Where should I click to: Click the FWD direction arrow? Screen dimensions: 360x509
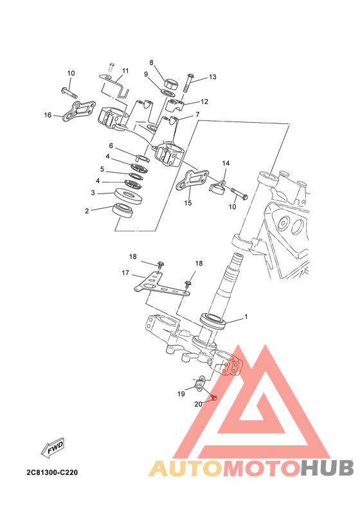click(53, 448)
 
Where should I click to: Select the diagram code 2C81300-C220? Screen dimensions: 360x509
click(52, 472)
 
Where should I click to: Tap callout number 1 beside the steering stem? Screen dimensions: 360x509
click(246, 316)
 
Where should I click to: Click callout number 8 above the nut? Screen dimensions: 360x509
click(151, 62)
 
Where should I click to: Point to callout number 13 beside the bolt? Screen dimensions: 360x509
click(212, 77)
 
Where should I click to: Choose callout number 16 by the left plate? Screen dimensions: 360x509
click(48, 115)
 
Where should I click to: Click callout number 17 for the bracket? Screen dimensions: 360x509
click(125, 273)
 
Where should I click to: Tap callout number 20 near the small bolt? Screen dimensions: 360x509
click(199, 404)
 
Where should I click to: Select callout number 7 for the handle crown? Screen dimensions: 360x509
click(197, 114)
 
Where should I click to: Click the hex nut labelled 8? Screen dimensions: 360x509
click(171, 84)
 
